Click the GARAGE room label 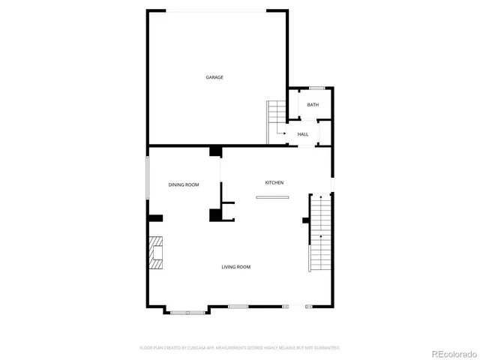214,77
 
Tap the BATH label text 313,104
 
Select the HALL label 303,134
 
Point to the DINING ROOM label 184,184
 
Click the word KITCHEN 274,183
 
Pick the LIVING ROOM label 235,267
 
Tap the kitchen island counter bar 271,197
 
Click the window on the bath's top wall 316,88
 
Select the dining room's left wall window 148,178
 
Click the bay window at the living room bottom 187,311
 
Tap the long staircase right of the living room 320,232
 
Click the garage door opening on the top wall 214,10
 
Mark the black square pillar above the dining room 215,151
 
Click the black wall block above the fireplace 155,218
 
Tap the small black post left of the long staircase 305,220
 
